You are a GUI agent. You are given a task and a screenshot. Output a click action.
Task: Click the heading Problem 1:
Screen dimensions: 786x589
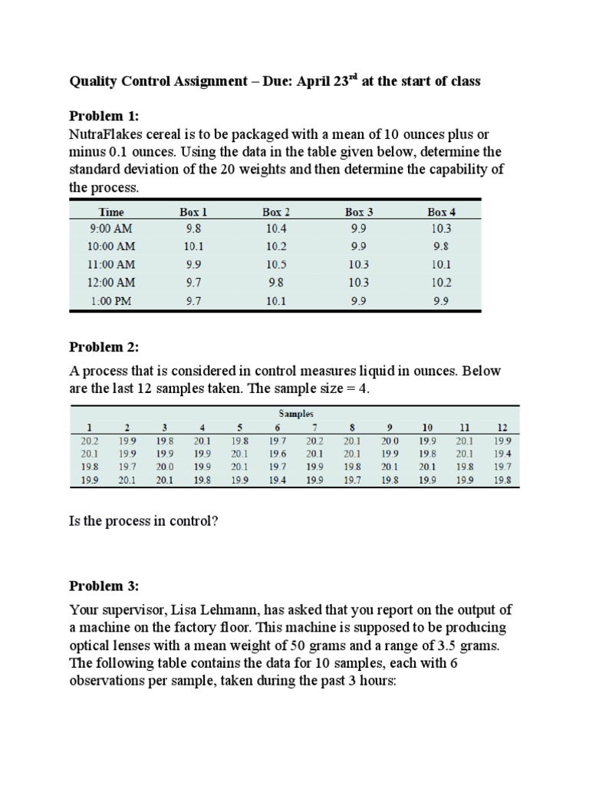tap(104, 116)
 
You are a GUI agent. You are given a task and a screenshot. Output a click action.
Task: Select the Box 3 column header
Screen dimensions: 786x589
tap(358, 211)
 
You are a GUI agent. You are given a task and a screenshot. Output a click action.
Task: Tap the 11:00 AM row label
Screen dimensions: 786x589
tap(112, 265)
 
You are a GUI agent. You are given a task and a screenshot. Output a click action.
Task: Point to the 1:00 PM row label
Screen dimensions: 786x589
tap(112, 301)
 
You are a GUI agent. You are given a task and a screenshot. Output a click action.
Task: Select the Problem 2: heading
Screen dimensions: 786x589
tap(104, 347)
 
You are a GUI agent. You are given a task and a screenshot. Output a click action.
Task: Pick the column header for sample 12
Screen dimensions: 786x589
tap(502, 428)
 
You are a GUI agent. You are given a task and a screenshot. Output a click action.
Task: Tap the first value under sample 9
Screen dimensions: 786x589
tap(390, 441)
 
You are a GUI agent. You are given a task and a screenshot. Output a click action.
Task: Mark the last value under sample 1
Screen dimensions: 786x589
tap(89, 481)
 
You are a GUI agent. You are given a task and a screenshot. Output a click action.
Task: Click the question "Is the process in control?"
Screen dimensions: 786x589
tap(144, 521)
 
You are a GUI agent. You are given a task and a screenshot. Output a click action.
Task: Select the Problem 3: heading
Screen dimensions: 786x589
tap(104, 586)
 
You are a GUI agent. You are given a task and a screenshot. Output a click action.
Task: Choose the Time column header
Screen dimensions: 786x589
tap(112, 211)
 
